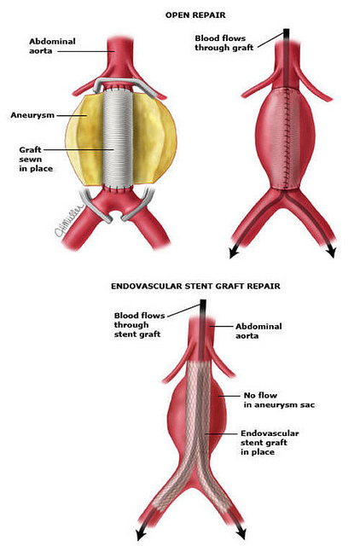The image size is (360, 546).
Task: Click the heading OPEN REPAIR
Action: [195, 15]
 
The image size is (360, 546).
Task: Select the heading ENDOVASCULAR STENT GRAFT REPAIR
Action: [195, 287]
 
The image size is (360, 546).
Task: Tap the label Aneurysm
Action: [32, 115]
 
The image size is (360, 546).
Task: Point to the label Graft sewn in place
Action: [36, 160]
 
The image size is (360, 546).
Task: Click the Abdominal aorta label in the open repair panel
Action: [52, 46]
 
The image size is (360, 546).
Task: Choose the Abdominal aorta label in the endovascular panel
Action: [258, 331]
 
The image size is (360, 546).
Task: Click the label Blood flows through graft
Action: [224, 43]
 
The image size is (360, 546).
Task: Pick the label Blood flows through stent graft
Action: [139, 324]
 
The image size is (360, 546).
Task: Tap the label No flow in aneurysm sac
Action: [279, 400]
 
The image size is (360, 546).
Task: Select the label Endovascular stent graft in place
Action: [270, 443]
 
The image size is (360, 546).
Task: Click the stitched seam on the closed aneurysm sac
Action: [287, 138]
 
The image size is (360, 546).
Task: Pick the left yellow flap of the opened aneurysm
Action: [84, 139]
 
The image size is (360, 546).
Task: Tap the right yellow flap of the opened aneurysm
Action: [154, 138]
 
